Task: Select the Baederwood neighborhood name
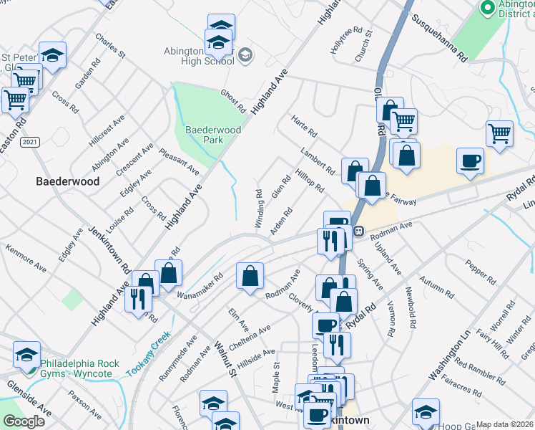click(68, 182)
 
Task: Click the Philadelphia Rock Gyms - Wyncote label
click(79, 368)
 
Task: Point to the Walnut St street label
click(224, 359)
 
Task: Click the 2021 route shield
click(29, 143)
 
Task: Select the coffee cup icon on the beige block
click(470, 161)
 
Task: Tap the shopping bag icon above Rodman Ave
click(250, 275)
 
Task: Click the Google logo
click(24, 421)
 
